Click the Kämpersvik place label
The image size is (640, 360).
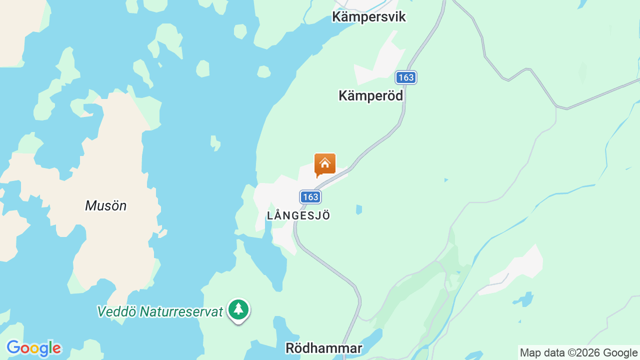coord(369,17)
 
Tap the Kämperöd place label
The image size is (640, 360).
coord(370,95)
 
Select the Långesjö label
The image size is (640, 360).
coord(299,216)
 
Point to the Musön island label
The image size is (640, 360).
coord(105,205)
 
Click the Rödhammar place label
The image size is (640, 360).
coord(323,348)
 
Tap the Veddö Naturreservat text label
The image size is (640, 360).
coord(160,311)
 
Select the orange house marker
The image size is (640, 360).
coord(325,164)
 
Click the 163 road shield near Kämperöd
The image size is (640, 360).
coord(406,77)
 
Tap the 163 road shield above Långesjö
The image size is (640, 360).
coord(310,197)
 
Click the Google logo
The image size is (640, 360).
coord(33,348)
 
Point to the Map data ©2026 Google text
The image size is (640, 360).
coord(578,352)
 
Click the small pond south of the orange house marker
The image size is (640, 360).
coord(358,209)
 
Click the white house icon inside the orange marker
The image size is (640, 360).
coord(325,162)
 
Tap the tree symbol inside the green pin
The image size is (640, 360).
coord(238,308)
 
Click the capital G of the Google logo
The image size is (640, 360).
coord(13,347)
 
